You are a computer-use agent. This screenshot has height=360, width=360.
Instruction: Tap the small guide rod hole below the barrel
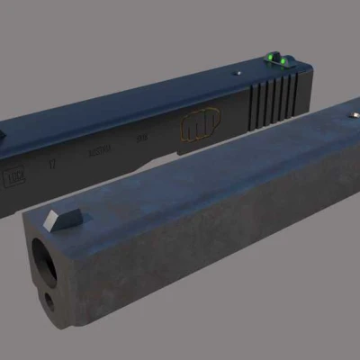point(49,300)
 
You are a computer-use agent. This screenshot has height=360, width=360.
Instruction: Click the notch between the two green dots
point(274,60)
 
